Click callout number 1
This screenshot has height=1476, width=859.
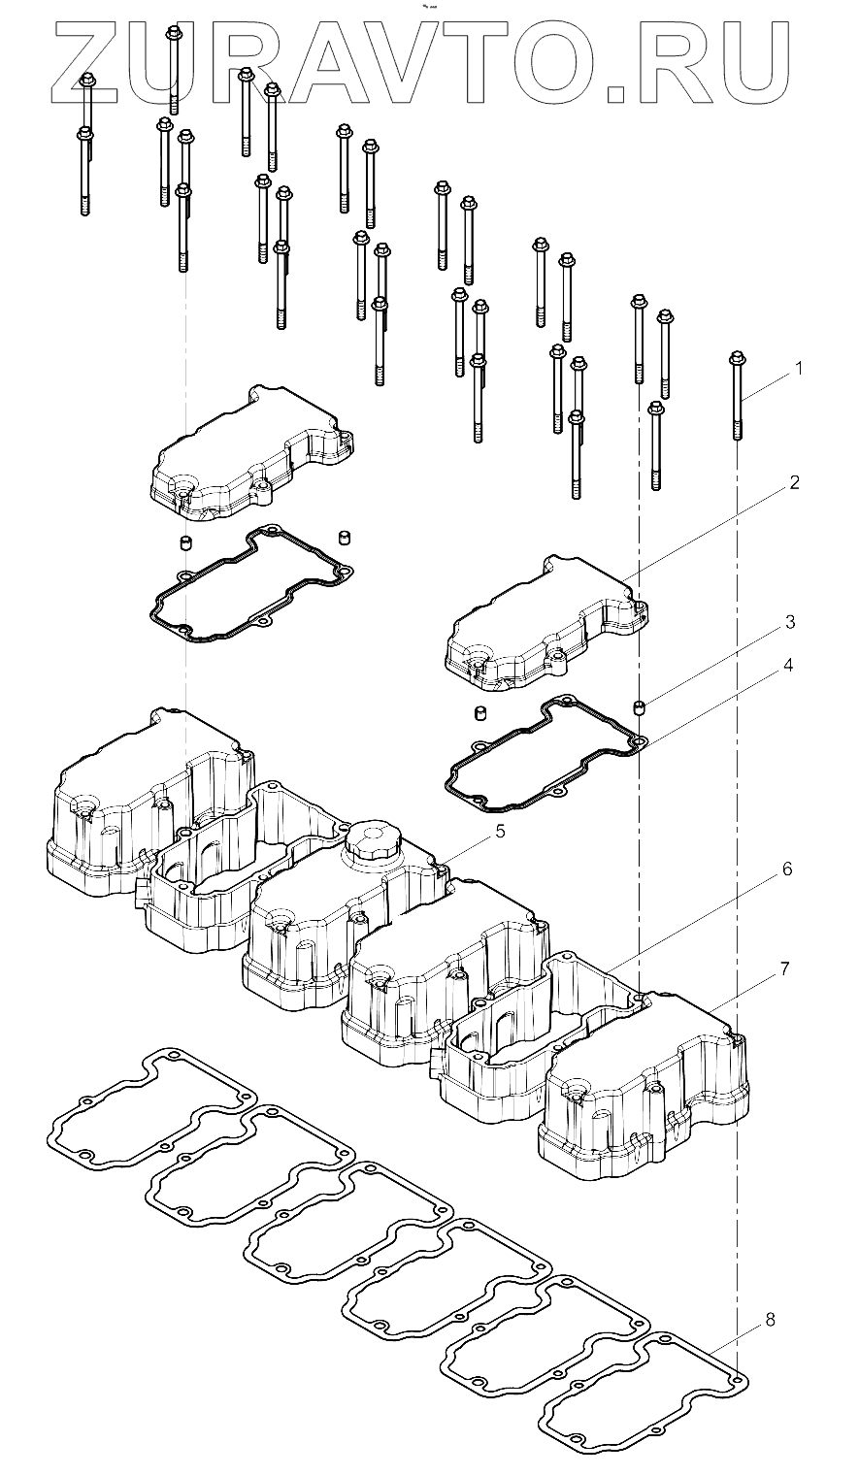point(798,369)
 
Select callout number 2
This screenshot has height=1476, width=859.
point(794,482)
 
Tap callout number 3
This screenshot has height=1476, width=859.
point(790,620)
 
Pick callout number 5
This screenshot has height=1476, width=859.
point(500,831)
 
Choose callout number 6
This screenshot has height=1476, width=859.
point(786,869)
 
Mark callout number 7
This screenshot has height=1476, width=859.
point(783,968)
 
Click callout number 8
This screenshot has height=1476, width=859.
point(770,1320)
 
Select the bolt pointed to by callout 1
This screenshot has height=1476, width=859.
point(737,398)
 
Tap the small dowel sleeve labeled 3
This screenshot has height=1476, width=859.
point(640,706)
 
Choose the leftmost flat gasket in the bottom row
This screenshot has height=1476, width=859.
point(150,1106)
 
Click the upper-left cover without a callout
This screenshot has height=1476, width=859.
point(248,446)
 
